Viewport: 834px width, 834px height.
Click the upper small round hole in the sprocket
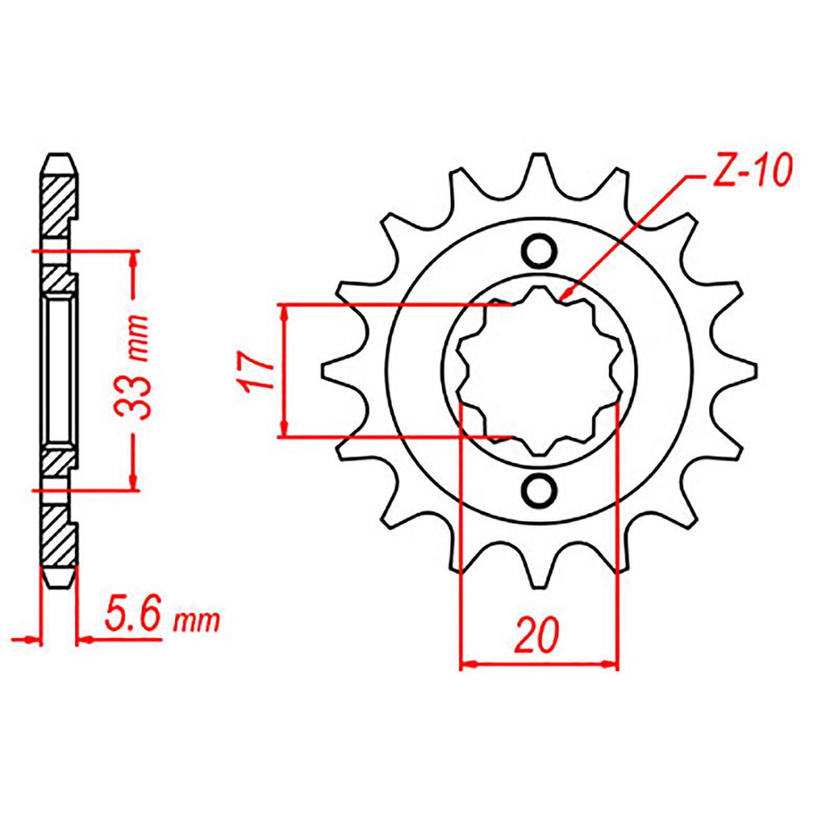click(539, 252)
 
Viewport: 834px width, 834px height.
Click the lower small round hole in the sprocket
click(539, 490)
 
